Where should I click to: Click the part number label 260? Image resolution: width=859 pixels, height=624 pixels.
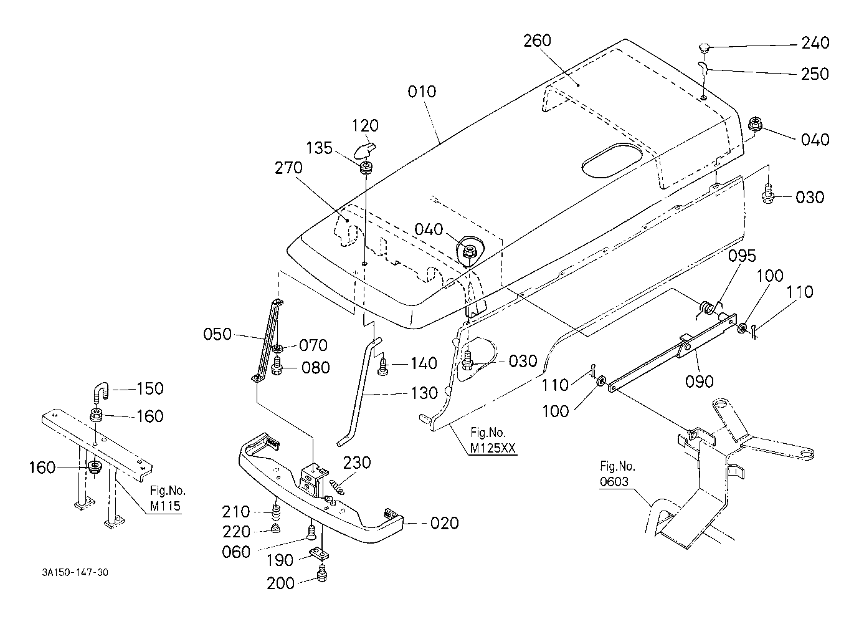click(x=537, y=41)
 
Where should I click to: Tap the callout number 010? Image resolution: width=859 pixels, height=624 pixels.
click(x=422, y=92)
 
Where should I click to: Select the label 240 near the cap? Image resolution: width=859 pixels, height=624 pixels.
click(x=815, y=43)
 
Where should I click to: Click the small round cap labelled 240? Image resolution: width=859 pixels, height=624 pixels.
click(x=703, y=49)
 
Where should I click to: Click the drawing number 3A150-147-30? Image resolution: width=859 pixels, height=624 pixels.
click(x=75, y=573)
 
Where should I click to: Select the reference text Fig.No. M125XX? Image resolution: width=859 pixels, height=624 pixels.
click(x=492, y=440)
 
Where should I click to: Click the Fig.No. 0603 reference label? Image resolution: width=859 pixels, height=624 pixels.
click(x=617, y=474)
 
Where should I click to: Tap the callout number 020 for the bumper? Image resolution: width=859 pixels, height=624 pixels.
click(x=444, y=523)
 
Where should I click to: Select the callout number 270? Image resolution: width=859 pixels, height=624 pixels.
click(x=288, y=168)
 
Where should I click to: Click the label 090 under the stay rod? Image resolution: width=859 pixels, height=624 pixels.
click(x=700, y=382)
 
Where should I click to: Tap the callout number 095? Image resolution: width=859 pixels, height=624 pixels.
click(x=742, y=256)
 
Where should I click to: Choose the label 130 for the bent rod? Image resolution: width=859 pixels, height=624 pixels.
click(x=424, y=393)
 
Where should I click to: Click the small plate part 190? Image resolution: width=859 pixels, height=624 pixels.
click(x=319, y=554)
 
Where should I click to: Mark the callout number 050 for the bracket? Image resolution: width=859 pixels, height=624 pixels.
click(x=217, y=334)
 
